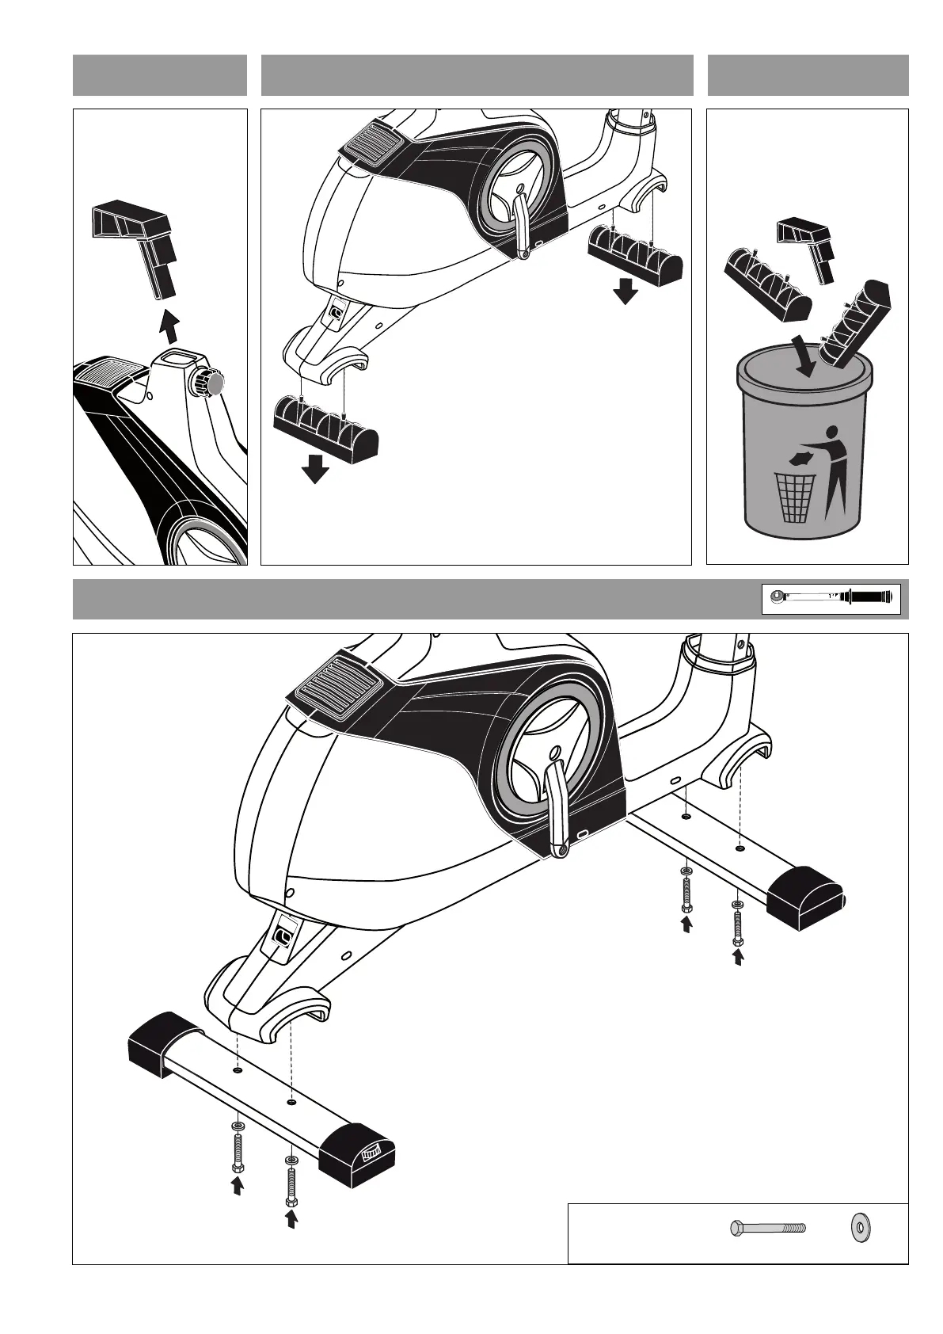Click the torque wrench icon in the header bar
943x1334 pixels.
point(831,597)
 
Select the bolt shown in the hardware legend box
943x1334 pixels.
point(766,1250)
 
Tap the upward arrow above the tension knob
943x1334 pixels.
point(168,325)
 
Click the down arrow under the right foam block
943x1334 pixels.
point(625,291)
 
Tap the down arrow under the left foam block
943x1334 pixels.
point(315,468)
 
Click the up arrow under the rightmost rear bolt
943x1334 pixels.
point(738,958)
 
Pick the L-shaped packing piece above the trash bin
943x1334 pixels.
point(808,245)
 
